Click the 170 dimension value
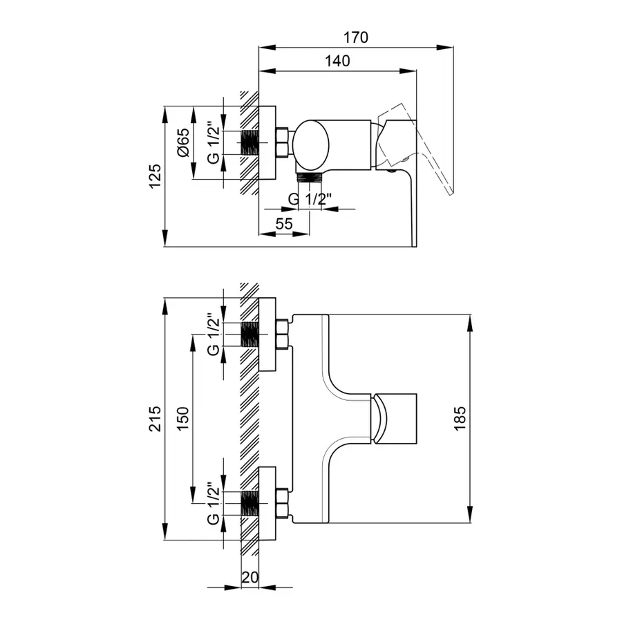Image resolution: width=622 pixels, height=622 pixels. click(x=356, y=37)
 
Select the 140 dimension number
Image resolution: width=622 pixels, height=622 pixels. click(x=337, y=61)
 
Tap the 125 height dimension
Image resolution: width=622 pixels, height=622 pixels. click(x=155, y=176)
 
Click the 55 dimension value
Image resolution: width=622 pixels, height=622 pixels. click(x=284, y=224)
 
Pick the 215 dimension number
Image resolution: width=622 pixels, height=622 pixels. click(x=155, y=419)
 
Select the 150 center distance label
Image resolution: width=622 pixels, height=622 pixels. click(x=183, y=419)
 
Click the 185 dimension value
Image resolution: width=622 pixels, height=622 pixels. click(x=460, y=419)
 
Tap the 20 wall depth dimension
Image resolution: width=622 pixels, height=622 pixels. click(x=250, y=577)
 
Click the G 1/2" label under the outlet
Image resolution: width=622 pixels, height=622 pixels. click(x=310, y=199)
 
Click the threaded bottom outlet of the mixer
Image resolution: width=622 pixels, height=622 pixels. click(x=310, y=178)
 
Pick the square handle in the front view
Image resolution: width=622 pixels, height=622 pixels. click(x=395, y=419)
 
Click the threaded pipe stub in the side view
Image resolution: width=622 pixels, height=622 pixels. click(x=250, y=142)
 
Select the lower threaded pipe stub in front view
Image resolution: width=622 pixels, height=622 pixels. click(x=250, y=503)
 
